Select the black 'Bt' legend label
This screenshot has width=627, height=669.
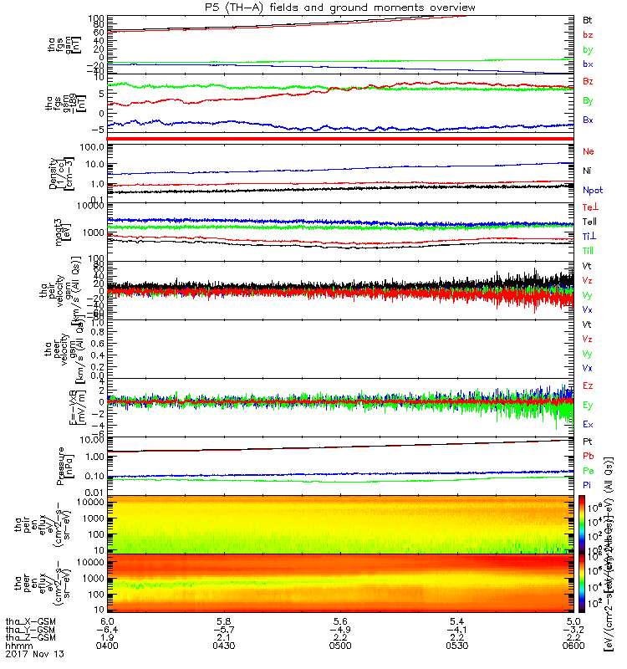point(589,18)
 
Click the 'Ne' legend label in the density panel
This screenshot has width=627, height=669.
point(589,151)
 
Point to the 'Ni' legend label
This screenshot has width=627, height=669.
point(588,171)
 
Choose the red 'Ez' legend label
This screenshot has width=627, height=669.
point(589,386)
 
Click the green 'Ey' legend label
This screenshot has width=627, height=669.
point(589,406)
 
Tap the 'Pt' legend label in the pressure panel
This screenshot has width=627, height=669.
point(588,441)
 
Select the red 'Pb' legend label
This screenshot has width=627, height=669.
point(589,456)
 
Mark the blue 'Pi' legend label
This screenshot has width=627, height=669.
point(588,485)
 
